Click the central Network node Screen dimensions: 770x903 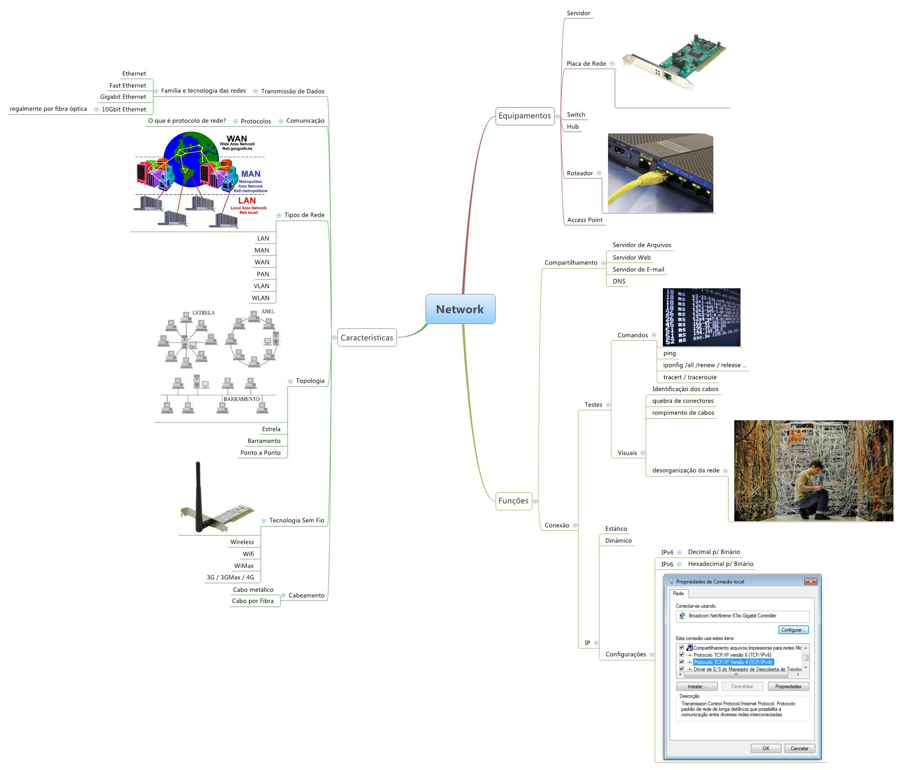click(x=460, y=309)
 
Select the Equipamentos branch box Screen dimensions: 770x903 click(x=524, y=116)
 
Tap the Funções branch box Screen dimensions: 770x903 click(x=513, y=501)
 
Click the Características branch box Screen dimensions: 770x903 click(x=366, y=337)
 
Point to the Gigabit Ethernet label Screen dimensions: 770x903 click(x=123, y=97)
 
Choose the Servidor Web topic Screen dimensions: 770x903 click(x=631, y=257)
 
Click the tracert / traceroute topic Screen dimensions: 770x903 click(x=690, y=377)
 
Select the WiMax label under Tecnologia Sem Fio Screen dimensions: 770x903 click(x=244, y=566)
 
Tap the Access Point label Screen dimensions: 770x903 click(x=585, y=220)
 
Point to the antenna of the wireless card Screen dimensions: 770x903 click(x=198, y=491)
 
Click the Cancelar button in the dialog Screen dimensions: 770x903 click(x=799, y=748)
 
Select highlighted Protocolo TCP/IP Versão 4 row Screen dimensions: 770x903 click(x=732, y=662)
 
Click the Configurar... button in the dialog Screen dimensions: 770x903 click(x=793, y=630)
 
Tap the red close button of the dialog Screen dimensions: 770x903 click(x=810, y=581)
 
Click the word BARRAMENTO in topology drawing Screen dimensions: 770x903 click(x=242, y=399)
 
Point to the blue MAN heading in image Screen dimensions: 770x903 click(x=251, y=174)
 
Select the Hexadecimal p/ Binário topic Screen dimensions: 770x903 click(x=720, y=564)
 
